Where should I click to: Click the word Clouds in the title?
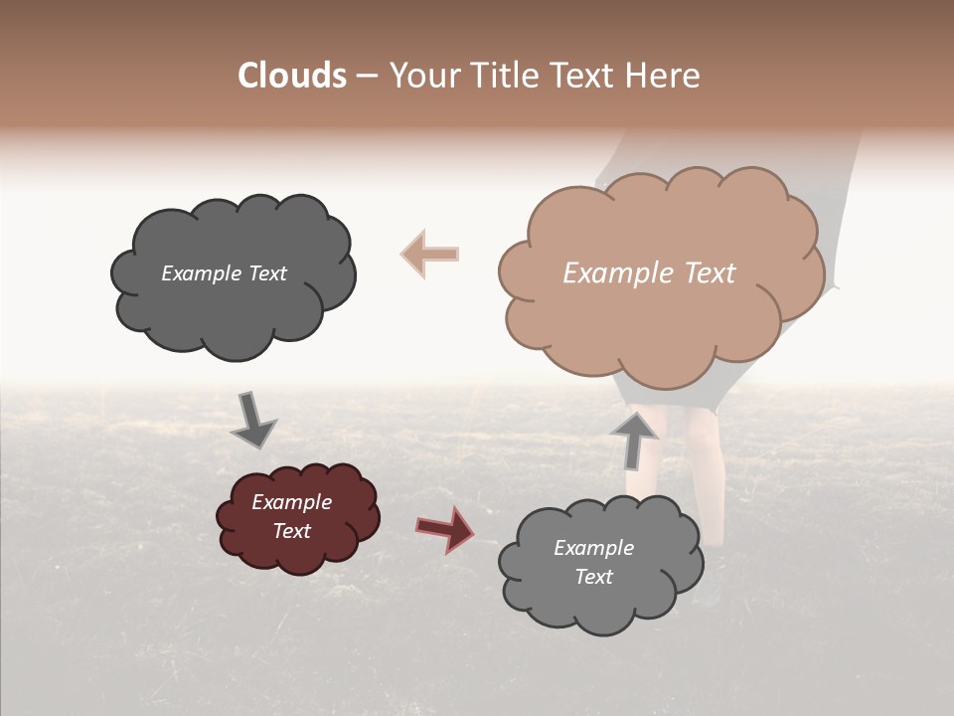pyautogui.click(x=292, y=76)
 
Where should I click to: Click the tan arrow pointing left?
pyautogui.click(x=430, y=254)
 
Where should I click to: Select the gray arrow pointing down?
pyautogui.click(x=252, y=421)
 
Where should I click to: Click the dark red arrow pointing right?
pyautogui.click(x=444, y=528)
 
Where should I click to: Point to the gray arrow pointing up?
pyautogui.click(x=635, y=439)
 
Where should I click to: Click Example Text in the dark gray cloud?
pyautogui.click(x=224, y=273)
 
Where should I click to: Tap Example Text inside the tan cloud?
pyautogui.click(x=649, y=273)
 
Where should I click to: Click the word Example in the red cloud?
pyautogui.click(x=291, y=502)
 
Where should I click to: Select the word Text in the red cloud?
pyautogui.click(x=291, y=531)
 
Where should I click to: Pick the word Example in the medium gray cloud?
pyautogui.click(x=593, y=548)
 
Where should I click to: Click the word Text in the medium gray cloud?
pyautogui.click(x=593, y=577)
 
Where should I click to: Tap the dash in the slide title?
pyautogui.click(x=367, y=76)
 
